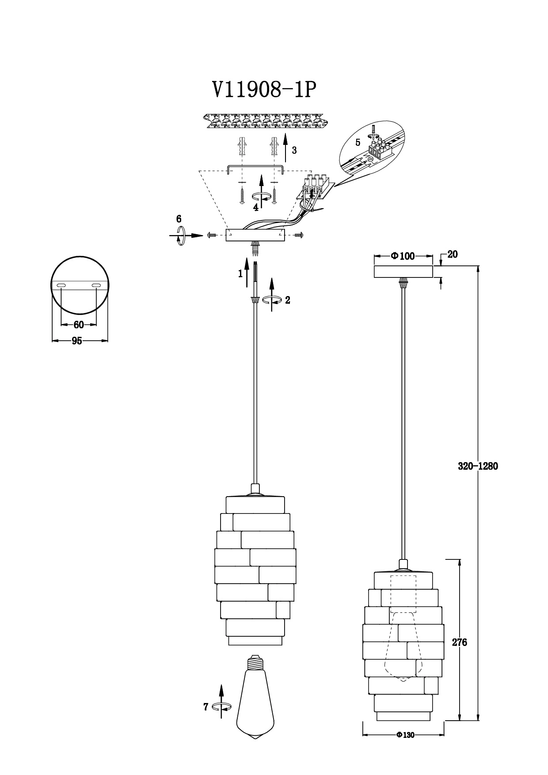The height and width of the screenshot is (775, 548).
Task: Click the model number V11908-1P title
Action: [x=264, y=90]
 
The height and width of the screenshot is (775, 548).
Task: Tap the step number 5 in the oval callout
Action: [x=358, y=143]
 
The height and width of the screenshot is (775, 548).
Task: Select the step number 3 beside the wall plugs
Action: [x=294, y=150]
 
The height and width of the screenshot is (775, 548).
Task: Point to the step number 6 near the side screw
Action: [x=179, y=219]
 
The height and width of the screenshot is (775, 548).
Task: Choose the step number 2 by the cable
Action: [x=288, y=300]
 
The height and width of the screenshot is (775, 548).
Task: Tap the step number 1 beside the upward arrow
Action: [x=240, y=274]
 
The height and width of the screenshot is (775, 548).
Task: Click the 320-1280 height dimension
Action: [x=477, y=466]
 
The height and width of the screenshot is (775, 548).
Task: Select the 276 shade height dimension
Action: [x=460, y=642]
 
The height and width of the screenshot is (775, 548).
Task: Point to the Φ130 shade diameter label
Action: [x=405, y=735]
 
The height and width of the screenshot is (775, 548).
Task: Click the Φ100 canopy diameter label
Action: [x=403, y=256]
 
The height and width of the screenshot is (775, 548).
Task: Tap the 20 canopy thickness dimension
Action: [x=453, y=254]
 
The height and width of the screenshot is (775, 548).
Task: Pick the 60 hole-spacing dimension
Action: [x=78, y=325]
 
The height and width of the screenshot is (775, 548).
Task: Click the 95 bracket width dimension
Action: [x=77, y=341]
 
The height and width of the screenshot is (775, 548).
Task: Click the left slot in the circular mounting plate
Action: [x=62, y=286]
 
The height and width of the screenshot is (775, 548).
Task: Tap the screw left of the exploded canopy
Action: [x=210, y=236]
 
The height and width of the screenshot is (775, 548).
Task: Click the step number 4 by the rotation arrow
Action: [x=255, y=206]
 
